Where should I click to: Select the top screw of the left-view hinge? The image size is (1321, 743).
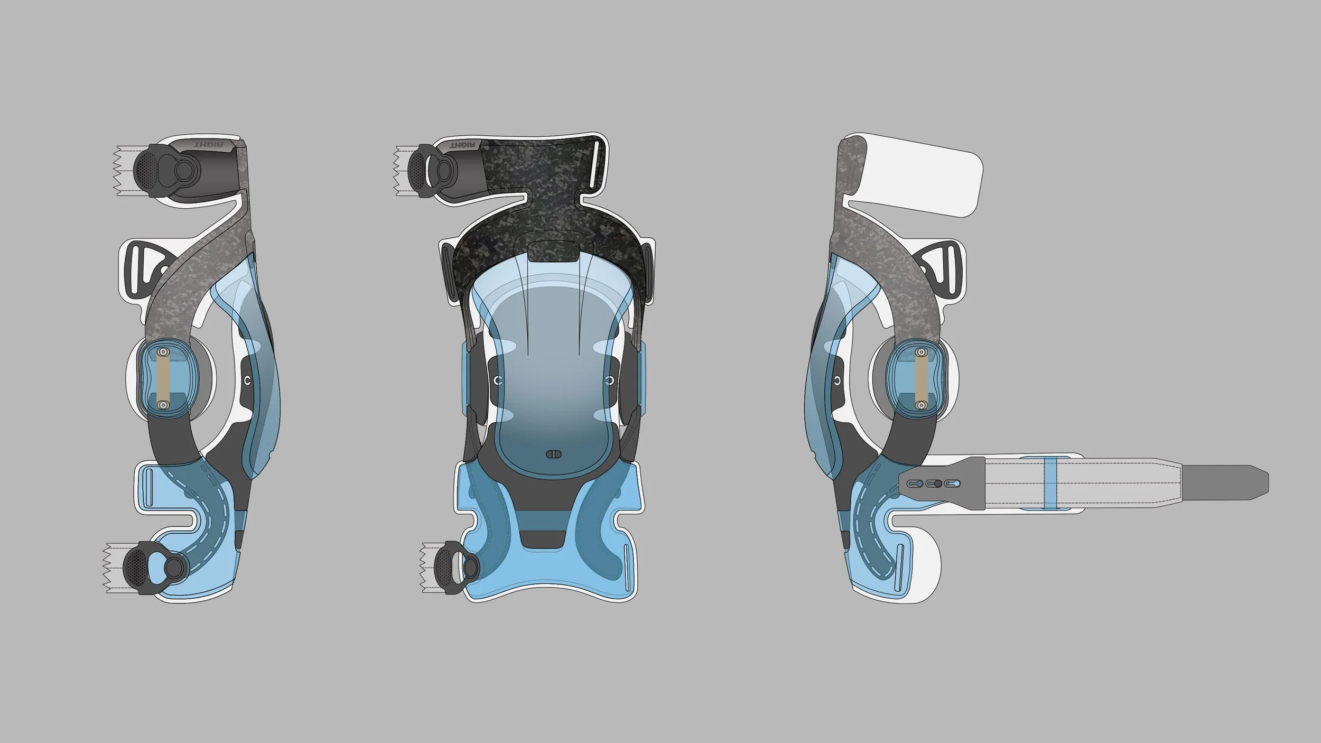coord(163,352)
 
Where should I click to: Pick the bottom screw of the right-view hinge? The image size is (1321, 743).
coord(921,405)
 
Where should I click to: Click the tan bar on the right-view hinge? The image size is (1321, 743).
coord(921,378)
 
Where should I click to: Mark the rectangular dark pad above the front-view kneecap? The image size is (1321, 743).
coord(553,252)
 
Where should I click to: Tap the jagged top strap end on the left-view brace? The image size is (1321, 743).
coord(125,171)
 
